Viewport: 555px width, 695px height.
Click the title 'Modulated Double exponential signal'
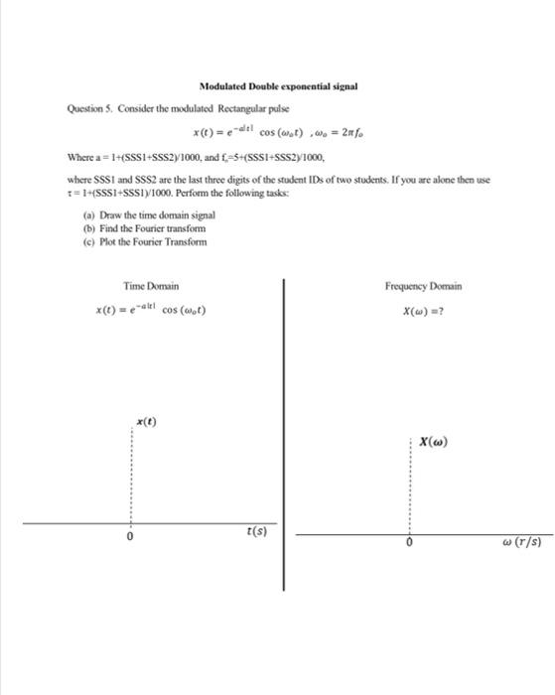tap(277, 86)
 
